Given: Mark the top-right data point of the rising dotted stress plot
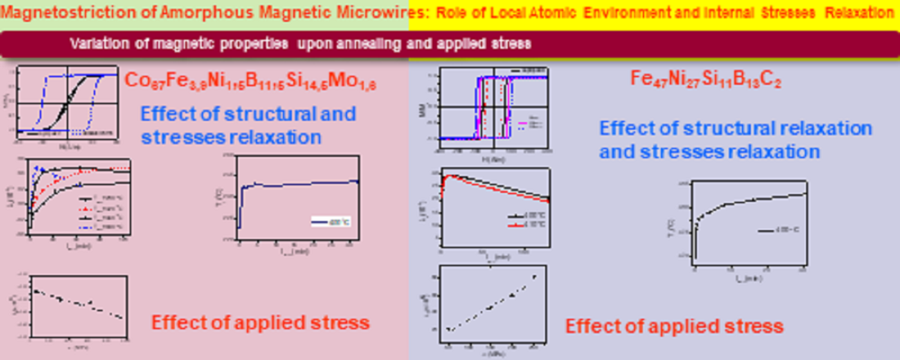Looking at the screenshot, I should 535,277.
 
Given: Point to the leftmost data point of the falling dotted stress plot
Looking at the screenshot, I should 35,290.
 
